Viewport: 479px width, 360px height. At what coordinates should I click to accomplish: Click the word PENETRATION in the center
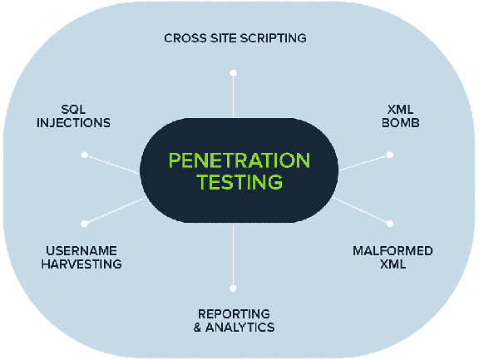click(239, 160)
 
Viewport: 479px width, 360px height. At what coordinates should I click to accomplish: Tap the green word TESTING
click(239, 182)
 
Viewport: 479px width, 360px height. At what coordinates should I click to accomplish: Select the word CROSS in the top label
click(185, 38)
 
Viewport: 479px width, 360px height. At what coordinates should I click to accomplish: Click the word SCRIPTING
click(273, 38)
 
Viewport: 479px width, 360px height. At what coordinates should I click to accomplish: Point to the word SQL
click(73, 109)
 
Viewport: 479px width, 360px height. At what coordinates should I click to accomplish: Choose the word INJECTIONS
click(73, 123)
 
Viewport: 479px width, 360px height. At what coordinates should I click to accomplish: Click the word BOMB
click(401, 123)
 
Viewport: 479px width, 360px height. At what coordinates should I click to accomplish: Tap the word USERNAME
click(81, 251)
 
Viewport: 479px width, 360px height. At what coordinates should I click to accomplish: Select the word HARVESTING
click(81, 264)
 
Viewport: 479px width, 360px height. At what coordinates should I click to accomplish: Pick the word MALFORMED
click(393, 251)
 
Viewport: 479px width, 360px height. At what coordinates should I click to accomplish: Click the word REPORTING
click(234, 314)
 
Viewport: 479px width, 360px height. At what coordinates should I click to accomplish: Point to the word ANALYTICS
click(239, 328)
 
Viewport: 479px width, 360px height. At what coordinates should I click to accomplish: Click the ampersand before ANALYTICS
click(197, 328)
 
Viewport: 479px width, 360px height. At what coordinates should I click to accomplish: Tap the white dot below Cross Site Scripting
click(233, 73)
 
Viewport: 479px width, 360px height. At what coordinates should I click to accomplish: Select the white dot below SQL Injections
click(85, 155)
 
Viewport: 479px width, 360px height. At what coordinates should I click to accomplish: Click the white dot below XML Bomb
click(390, 155)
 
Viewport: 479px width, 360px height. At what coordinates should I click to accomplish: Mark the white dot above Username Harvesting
click(85, 224)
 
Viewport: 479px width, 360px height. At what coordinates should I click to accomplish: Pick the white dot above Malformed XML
click(390, 224)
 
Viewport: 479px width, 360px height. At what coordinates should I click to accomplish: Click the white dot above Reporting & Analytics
click(233, 288)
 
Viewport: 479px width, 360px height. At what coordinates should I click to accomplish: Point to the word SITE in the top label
click(224, 38)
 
